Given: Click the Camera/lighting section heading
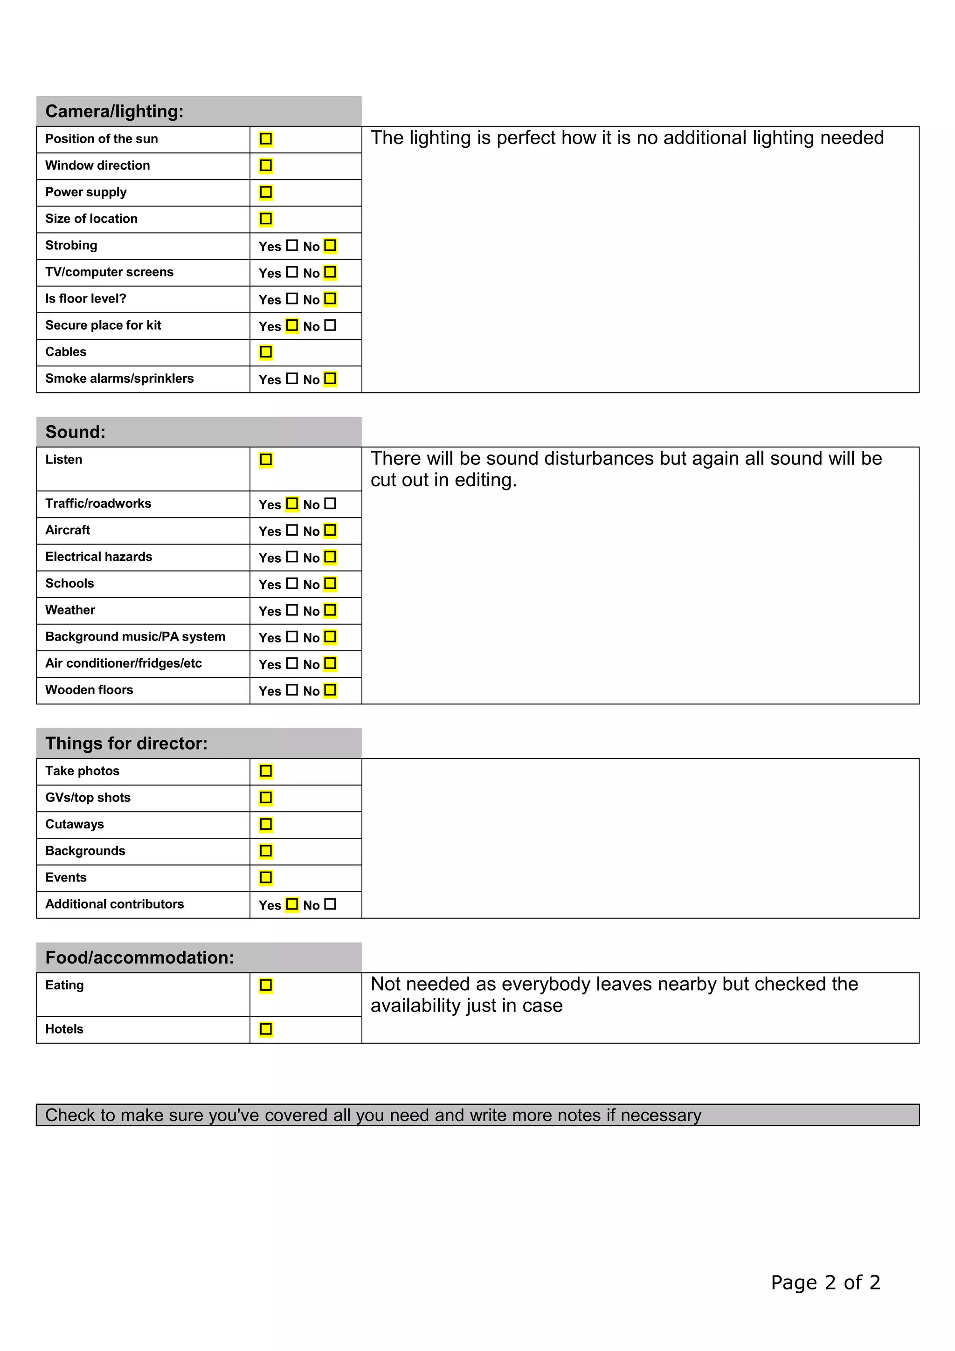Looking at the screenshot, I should (x=114, y=111).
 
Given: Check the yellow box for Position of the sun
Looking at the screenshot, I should (x=266, y=139).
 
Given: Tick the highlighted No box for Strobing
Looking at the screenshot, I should (x=330, y=245).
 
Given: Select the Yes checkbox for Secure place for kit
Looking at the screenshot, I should (x=292, y=325).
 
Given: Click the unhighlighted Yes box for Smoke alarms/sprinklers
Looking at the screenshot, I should (x=292, y=379).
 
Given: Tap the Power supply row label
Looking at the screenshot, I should (x=86, y=193).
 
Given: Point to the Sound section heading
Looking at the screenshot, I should (x=76, y=432).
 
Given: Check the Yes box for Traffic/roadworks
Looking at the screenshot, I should (x=292, y=503).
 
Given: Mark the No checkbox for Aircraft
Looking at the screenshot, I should (x=330, y=530).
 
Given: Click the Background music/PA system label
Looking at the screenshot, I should (x=135, y=637).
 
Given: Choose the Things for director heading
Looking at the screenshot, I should (x=126, y=743).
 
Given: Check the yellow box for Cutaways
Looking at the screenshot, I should (x=266, y=824).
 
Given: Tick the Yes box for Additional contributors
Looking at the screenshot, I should (x=292, y=904).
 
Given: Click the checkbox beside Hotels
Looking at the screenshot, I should (x=266, y=1029).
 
